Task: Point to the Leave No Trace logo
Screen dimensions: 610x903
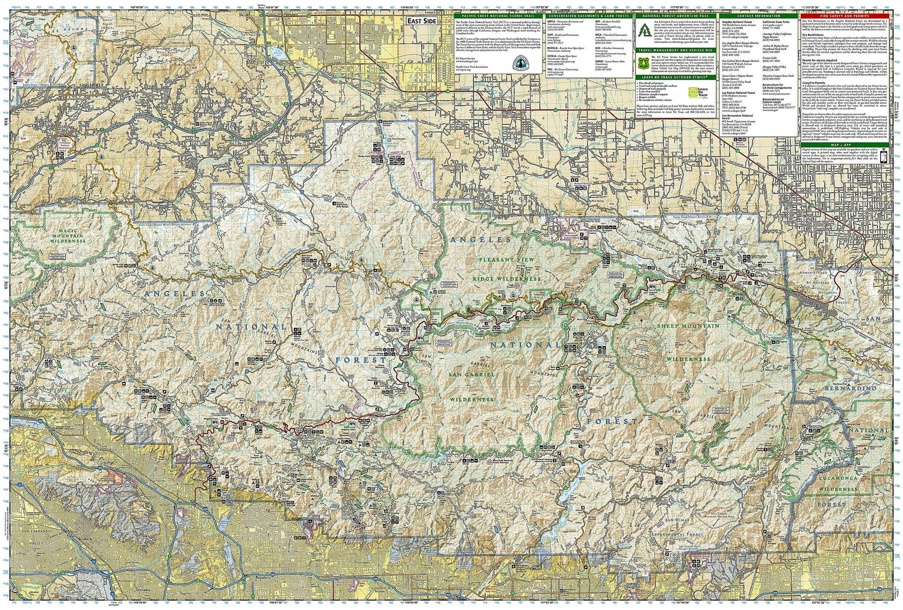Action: pyautogui.click(x=695, y=92)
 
